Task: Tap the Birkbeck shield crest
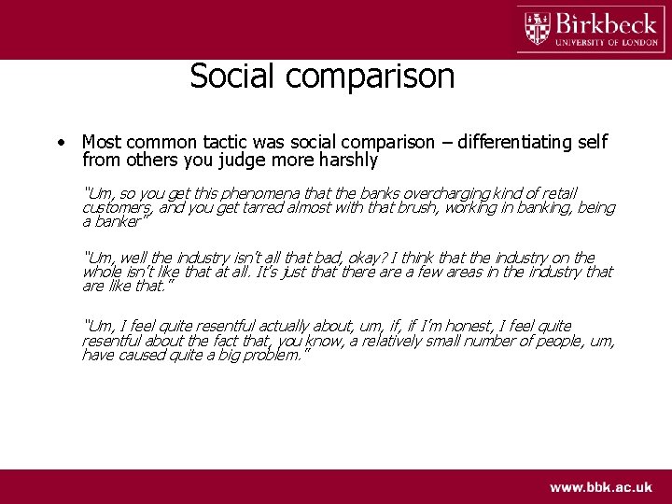point(538,28)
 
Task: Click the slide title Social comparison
point(322,76)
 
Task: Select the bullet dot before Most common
point(59,143)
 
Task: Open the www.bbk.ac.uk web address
point(601,487)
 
